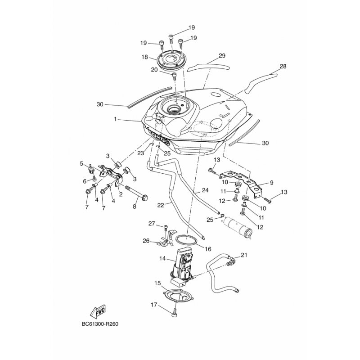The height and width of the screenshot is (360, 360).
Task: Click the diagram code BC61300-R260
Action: pyautogui.click(x=100, y=324)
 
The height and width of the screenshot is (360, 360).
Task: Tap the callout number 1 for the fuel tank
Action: pyautogui.click(x=116, y=119)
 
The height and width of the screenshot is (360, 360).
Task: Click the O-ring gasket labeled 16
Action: pyautogui.click(x=186, y=241)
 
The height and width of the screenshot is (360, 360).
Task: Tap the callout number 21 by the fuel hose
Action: pyautogui.click(x=244, y=255)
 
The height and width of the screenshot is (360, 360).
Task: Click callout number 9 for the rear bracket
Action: pyautogui.click(x=271, y=183)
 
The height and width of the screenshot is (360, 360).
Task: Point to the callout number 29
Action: pyautogui.click(x=222, y=56)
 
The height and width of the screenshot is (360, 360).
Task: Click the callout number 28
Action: pyautogui.click(x=283, y=66)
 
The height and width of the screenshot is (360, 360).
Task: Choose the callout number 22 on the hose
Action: pyautogui.click(x=161, y=205)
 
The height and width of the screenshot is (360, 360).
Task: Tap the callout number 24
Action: pyautogui.click(x=205, y=190)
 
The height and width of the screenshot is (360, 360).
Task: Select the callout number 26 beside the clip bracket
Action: pyautogui.click(x=146, y=241)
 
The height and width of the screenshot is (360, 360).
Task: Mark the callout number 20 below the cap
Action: pyautogui.click(x=154, y=70)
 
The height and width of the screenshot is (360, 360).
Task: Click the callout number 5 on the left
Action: pyautogui.click(x=81, y=164)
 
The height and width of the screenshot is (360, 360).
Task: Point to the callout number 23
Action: pyautogui.click(x=140, y=153)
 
